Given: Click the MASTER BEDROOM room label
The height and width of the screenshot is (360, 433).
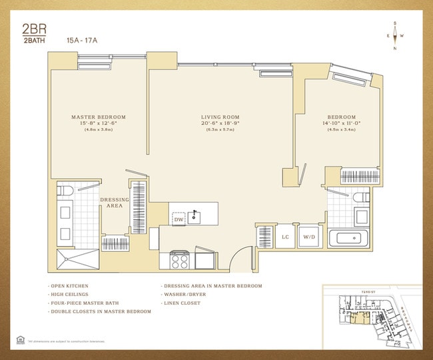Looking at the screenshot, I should pyautogui.click(x=99, y=117).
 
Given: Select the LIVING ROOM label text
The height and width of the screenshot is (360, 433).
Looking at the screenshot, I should pyautogui.click(x=220, y=117).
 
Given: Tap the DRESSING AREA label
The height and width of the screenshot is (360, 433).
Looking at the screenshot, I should pyautogui.click(x=115, y=203).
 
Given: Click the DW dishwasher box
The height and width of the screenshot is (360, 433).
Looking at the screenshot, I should pyautogui.click(x=179, y=219).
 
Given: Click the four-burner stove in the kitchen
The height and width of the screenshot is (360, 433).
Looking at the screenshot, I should pyautogui.click(x=181, y=259).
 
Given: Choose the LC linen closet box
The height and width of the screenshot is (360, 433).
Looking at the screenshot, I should pyautogui.click(x=285, y=237).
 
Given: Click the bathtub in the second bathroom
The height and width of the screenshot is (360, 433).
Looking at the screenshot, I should pyautogui.click(x=350, y=238).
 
